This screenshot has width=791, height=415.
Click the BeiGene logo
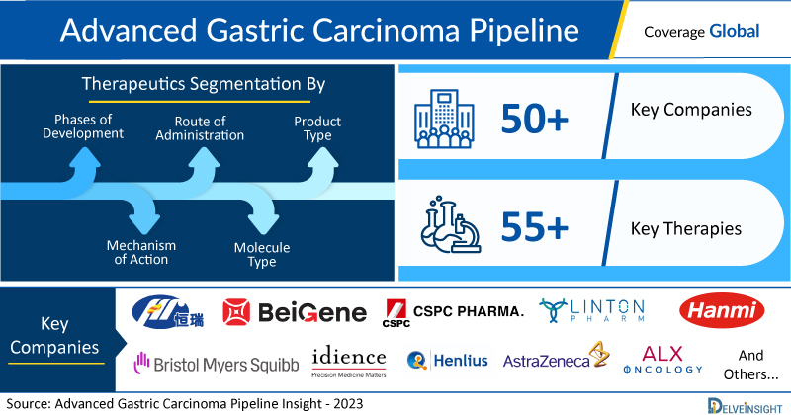(x=295, y=312)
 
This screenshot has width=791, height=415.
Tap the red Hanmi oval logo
(x=722, y=310)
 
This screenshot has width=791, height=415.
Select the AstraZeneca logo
(x=557, y=357)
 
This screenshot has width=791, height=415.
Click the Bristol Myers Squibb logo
(x=217, y=363)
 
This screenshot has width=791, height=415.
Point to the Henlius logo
(x=448, y=361)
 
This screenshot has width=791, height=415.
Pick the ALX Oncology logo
(x=662, y=360)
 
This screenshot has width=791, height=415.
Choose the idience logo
(x=349, y=363)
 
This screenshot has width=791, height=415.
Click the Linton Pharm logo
(x=591, y=310)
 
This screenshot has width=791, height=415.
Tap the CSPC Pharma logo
(x=453, y=313)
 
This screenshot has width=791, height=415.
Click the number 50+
(x=535, y=120)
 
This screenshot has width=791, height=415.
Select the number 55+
(x=535, y=227)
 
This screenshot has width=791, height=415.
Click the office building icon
(x=444, y=119)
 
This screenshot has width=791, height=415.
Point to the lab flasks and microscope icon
(x=451, y=225)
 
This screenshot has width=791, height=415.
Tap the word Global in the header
(x=734, y=32)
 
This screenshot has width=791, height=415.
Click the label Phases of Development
(x=83, y=126)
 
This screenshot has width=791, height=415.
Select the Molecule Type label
(x=262, y=254)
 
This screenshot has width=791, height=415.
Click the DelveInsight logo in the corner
(x=745, y=406)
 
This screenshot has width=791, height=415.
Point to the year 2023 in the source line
(x=348, y=404)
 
